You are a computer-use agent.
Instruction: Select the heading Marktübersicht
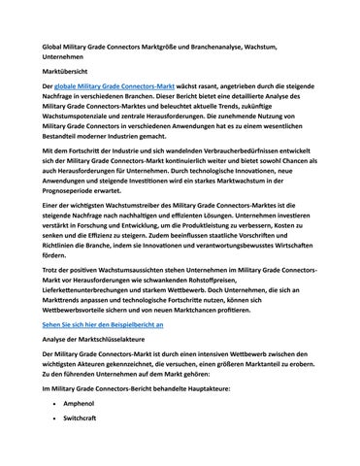(65, 72)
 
